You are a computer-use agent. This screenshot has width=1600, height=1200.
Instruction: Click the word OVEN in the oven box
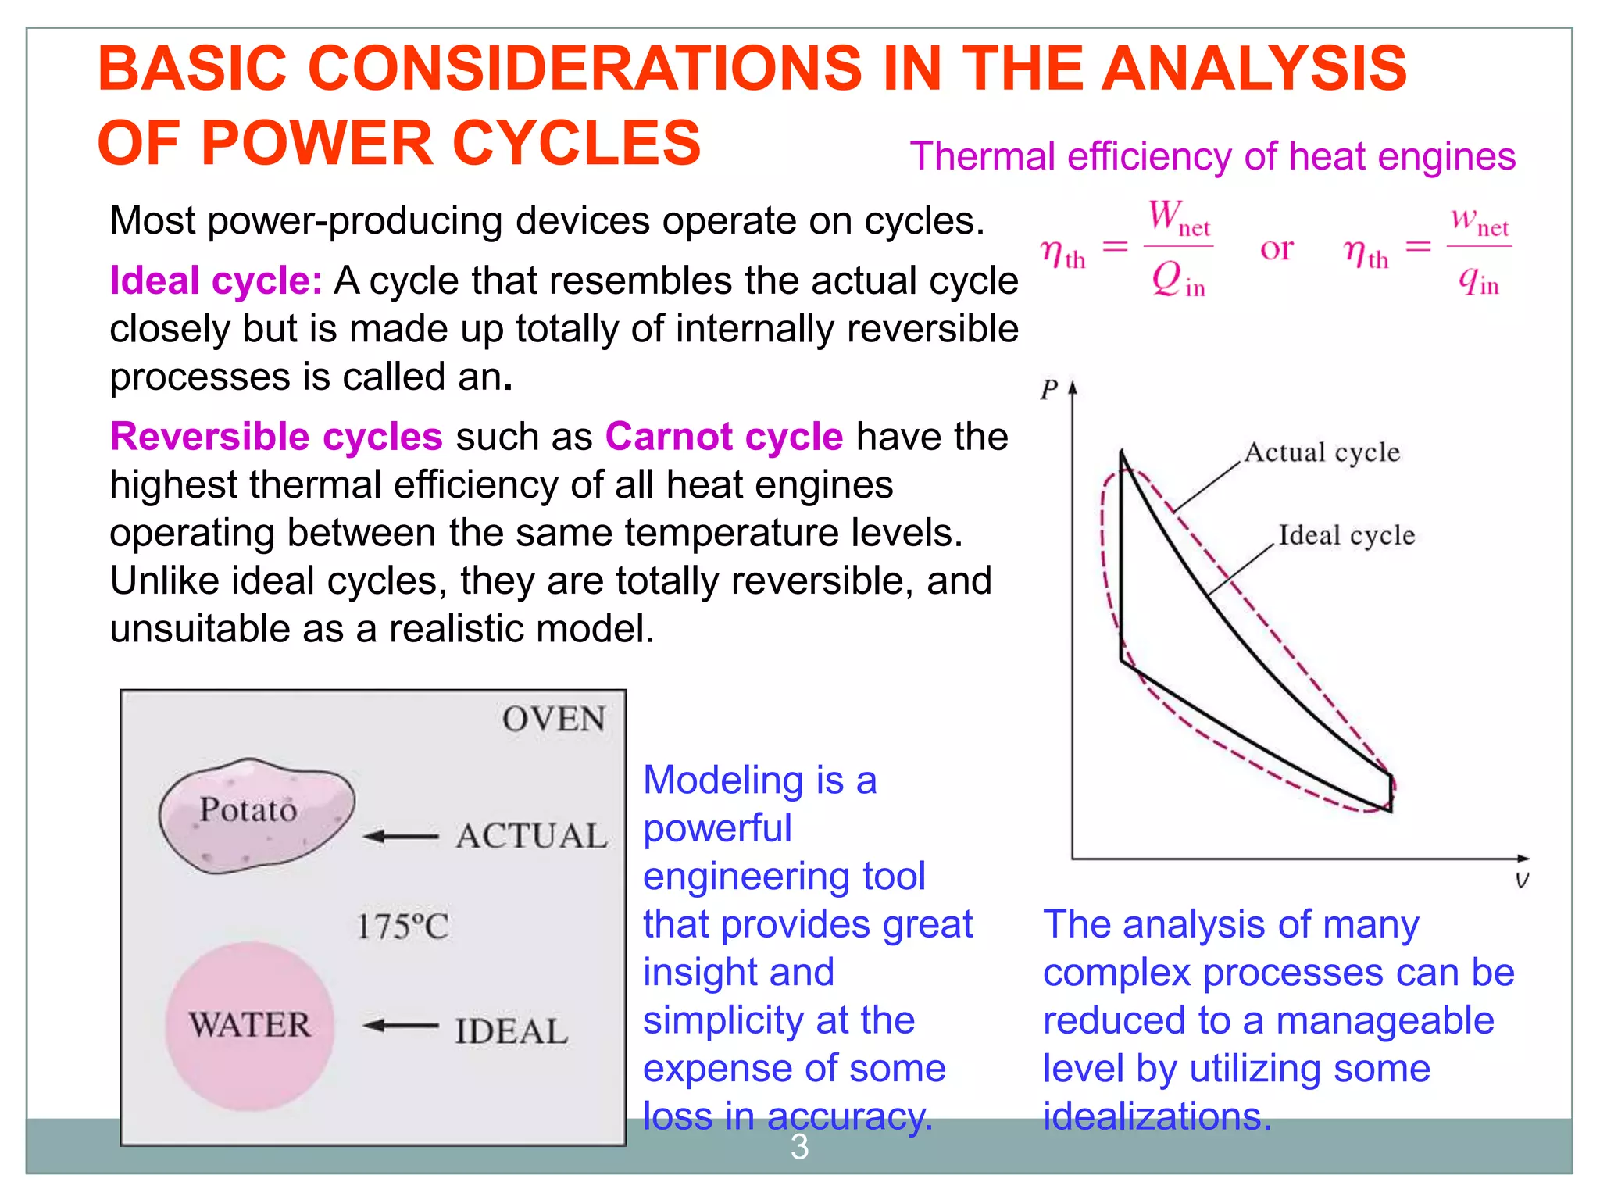coord(553,719)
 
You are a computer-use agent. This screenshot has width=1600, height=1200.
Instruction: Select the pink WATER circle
coord(250,1025)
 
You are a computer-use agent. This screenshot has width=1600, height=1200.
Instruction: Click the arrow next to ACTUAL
coord(401,837)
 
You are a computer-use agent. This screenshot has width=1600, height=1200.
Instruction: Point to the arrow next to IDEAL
coord(401,1025)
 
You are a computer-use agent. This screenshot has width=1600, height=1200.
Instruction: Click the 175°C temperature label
coord(402,927)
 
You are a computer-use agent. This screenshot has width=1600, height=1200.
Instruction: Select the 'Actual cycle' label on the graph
coord(1322,452)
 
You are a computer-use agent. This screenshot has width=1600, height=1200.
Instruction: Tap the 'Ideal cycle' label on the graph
coord(1346,535)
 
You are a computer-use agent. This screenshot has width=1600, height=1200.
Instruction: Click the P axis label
coord(1048,389)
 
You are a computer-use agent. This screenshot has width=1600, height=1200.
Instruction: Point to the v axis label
coord(1521,880)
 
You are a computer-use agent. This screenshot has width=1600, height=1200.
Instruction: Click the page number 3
coord(799,1147)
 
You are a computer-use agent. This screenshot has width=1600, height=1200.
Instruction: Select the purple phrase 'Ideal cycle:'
coord(216,280)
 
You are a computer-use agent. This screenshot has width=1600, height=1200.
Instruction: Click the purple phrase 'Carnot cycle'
coord(724,437)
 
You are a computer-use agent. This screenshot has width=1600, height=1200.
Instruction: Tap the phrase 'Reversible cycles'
coord(277,437)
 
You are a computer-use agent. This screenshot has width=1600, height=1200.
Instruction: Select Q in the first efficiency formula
coord(1169,278)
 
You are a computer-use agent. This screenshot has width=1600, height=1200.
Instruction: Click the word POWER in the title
coord(316,144)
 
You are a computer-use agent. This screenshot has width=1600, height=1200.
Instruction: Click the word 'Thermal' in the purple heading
coord(983,156)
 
